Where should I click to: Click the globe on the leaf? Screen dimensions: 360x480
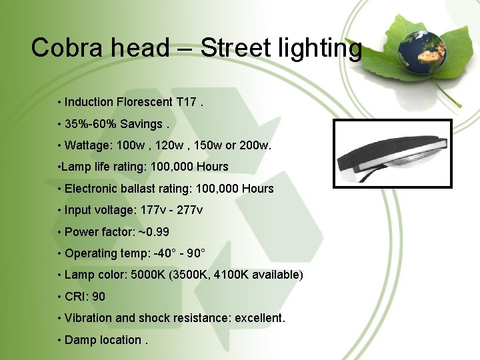pyautogui.click(x=421, y=51)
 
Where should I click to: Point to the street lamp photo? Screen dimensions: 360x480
pyautogui.click(x=392, y=154)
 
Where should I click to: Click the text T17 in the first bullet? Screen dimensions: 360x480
pyautogui.click(x=186, y=102)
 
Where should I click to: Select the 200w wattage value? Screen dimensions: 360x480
pyautogui.click(x=255, y=145)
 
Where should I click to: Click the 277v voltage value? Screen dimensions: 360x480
pyautogui.click(x=190, y=210)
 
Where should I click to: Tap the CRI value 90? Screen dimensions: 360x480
pyautogui.click(x=99, y=297)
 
